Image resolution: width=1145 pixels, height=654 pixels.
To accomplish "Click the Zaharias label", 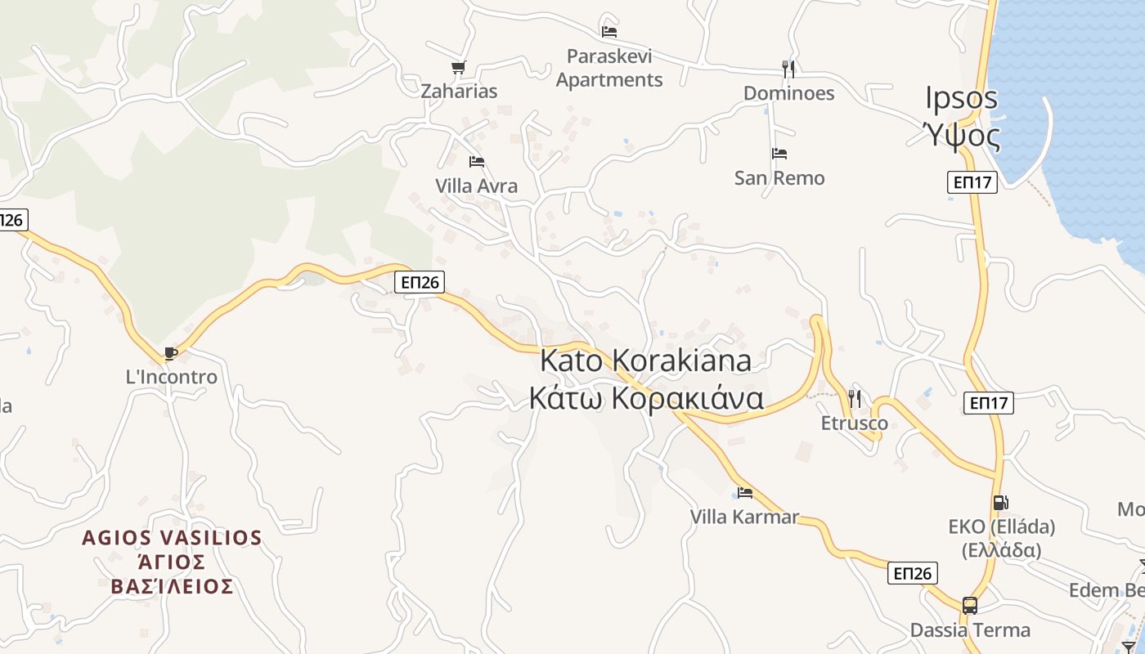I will [459, 91].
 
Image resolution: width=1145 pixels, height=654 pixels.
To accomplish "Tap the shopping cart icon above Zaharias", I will [458, 68].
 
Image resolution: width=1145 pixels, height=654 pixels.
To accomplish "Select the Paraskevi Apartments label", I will [609, 68].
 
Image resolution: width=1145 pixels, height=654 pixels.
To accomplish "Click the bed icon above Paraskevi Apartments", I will [609, 32].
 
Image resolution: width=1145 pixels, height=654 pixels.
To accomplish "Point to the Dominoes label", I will [788, 93].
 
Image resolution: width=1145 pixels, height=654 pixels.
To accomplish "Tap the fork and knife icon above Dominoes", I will [788, 69].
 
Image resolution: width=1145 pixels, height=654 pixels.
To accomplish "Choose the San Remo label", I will [779, 177].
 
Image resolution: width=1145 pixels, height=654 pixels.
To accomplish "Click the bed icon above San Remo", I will [779, 154].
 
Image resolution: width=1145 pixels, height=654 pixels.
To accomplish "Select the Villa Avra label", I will [477, 186].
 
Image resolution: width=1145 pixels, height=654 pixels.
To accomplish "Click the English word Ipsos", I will [962, 98].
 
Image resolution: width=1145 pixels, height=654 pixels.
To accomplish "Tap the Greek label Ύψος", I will [962, 135].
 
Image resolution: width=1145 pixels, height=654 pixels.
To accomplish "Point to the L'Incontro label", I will [171, 377].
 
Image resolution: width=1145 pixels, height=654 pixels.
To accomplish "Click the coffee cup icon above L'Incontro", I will [171, 353].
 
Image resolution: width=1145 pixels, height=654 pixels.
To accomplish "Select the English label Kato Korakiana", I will [645, 360].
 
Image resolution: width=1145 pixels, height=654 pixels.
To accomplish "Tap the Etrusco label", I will [855, 423].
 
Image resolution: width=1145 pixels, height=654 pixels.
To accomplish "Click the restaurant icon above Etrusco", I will [855, 399].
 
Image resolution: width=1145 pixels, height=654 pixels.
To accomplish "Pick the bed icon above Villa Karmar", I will [744, 493].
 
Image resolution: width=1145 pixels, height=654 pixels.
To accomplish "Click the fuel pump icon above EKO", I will [1001, 503].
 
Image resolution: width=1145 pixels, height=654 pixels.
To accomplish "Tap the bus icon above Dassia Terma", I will [970, 606].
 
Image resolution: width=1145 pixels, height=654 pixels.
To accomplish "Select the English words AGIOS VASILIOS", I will [172, 538].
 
